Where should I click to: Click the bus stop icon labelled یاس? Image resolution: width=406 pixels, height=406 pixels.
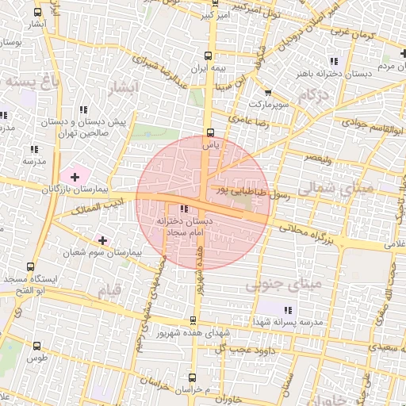[210, 133]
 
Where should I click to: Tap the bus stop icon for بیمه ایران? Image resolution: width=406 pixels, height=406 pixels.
[209, 56]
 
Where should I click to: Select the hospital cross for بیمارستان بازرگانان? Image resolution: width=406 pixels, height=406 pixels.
[75, 175]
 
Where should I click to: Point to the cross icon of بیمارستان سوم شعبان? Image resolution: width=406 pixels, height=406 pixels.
[102, 239]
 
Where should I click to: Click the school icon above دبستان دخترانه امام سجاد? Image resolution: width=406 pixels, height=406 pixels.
[185, 209]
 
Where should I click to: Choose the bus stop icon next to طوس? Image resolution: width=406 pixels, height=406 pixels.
[36, 346]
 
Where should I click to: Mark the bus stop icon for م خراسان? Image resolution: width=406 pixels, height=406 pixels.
[195, 380]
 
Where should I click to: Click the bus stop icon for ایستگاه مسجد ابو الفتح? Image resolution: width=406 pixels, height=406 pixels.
[31, 266]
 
